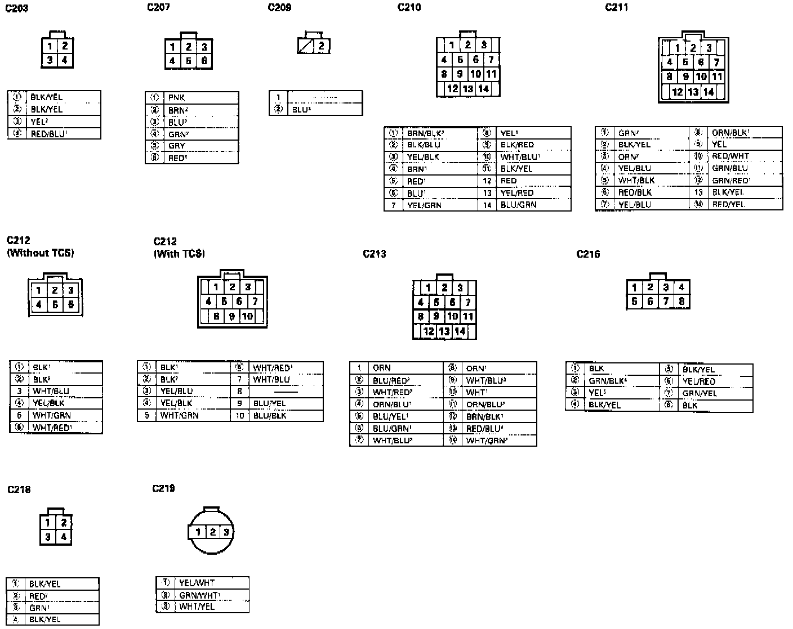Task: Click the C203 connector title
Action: (17, 8)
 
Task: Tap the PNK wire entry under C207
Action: (176, 98)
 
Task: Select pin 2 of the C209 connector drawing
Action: (321, 46)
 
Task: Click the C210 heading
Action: (409, 7)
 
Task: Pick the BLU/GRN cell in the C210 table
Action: (518, 205)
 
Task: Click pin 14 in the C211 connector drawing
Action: (709, 92)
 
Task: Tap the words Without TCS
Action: (40, 253)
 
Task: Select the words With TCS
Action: (179, 254)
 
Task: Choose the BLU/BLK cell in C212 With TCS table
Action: (270, 416)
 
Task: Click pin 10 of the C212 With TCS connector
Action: (247, 316)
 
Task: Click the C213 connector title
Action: (374, 254)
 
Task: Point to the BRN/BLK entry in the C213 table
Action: (484, 416)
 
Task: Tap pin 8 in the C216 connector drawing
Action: (681, 302)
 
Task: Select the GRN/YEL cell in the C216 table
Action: (700, 393)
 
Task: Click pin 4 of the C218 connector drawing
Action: (64, 537)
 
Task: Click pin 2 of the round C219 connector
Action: (212, 532)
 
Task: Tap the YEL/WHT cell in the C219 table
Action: (197, 583)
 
